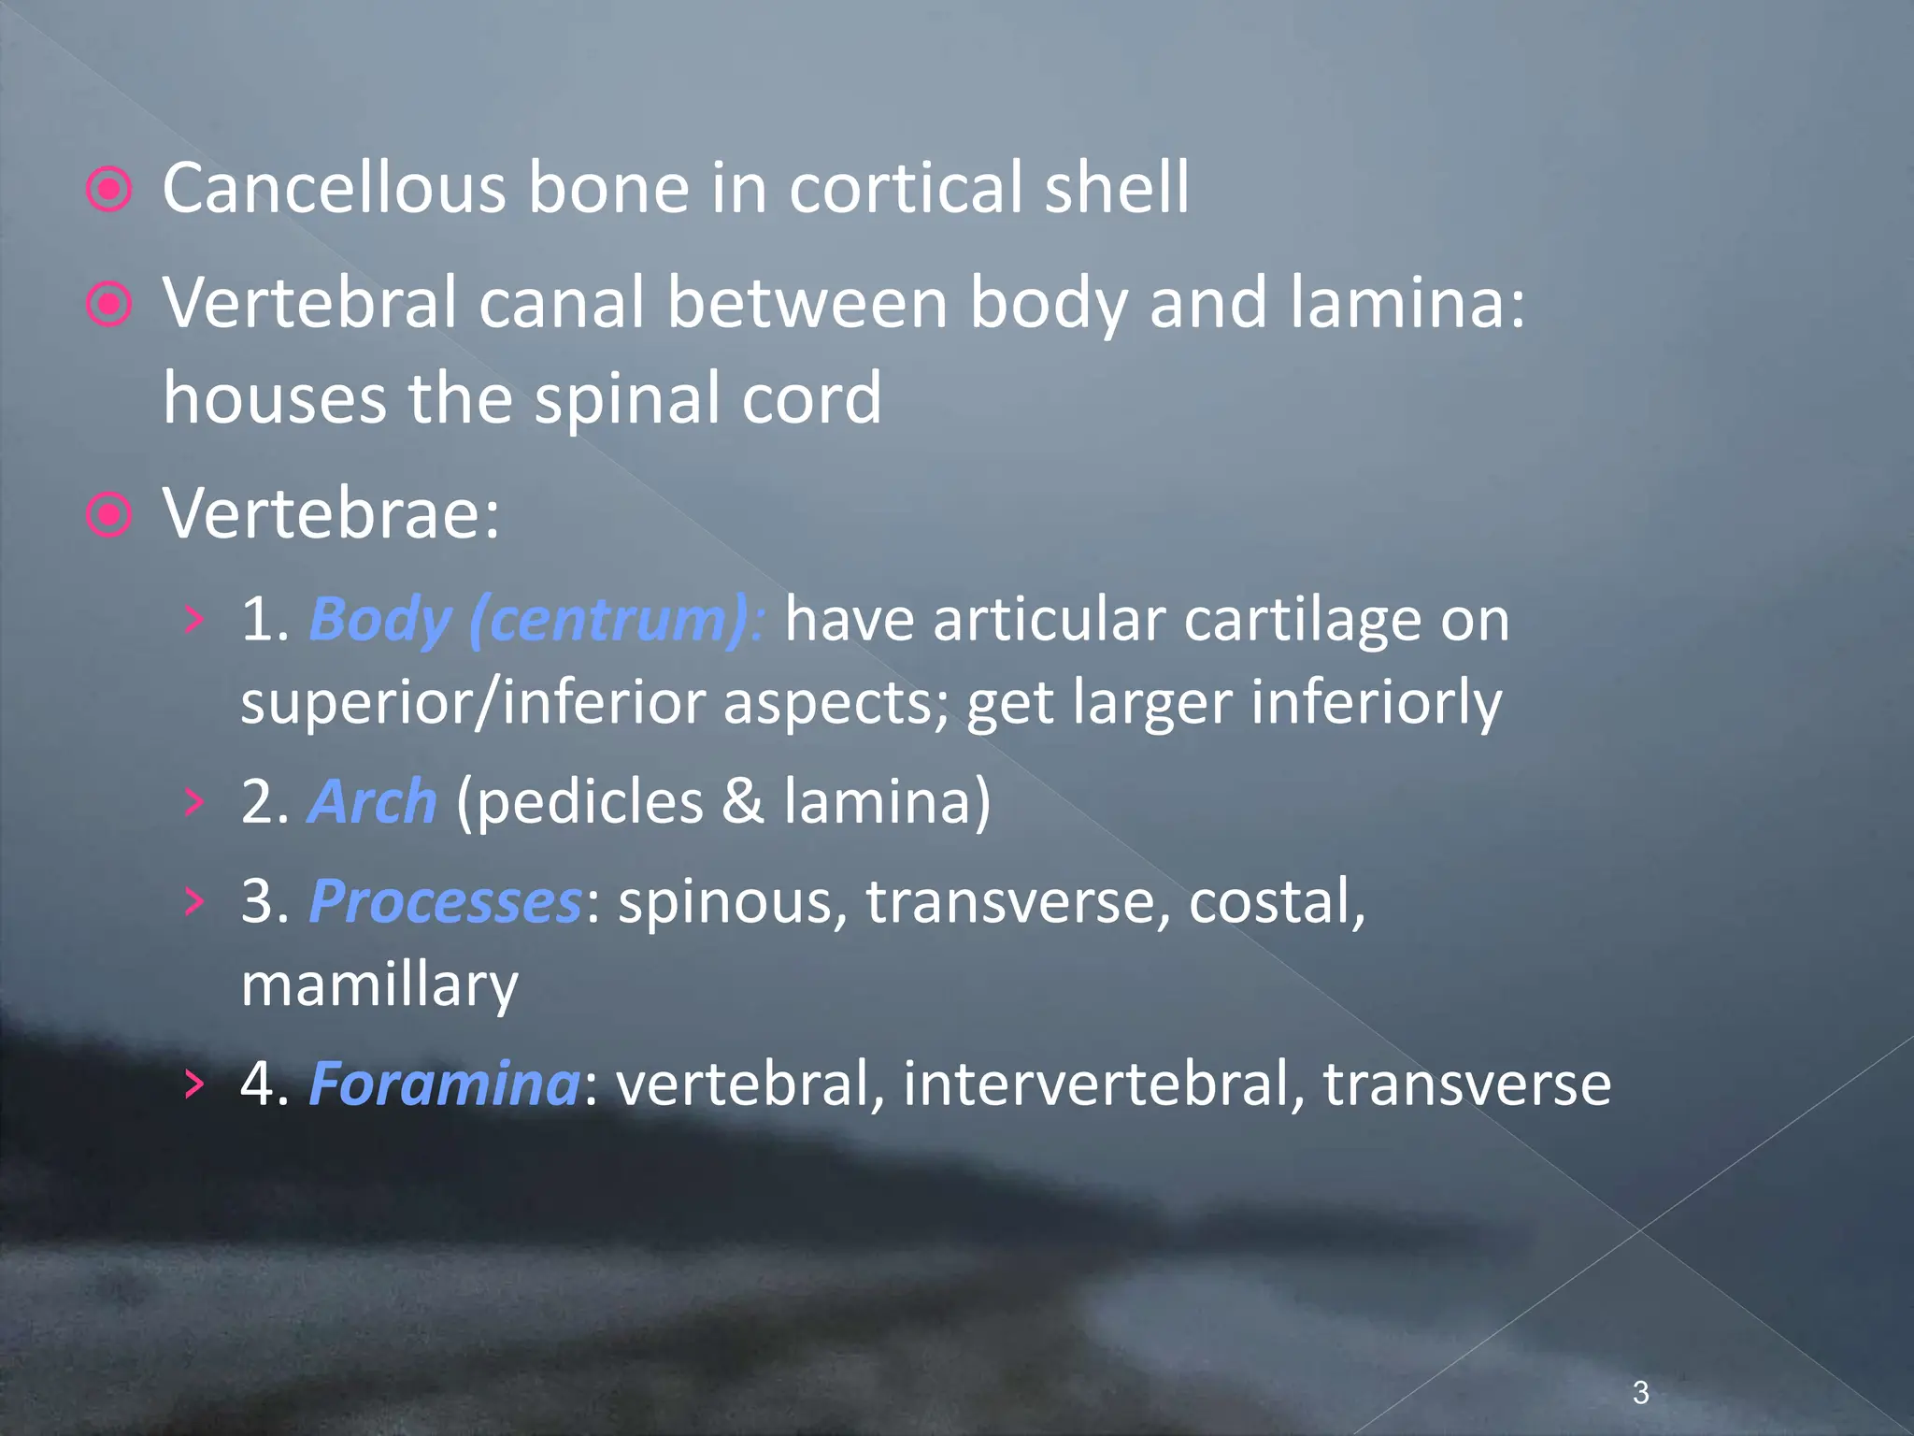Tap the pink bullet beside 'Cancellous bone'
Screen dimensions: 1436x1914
(x=109, y=190)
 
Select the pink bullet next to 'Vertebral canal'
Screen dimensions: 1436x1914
(x=109, y=304)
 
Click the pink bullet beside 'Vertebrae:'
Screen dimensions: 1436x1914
(x=109, y=514)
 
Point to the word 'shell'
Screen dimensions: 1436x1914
(x=1117, y=188)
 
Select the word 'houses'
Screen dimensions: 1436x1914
(x=274, y=398)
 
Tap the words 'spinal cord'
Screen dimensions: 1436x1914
(x=707, y=398)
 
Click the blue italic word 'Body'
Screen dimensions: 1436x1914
(x=379, y=620)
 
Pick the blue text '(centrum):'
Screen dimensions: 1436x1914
(x=617, y=620)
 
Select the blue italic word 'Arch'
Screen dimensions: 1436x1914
(x=372, y=802)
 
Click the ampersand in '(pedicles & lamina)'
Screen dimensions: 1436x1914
(x=743, y=802)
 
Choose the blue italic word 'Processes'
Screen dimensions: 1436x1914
(x=445, y=902)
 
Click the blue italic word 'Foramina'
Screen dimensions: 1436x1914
(x=444, y=1084)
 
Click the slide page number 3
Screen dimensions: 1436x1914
(x=1640, y=1392)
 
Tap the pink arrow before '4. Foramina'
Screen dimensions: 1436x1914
(x=193, y=1084)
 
